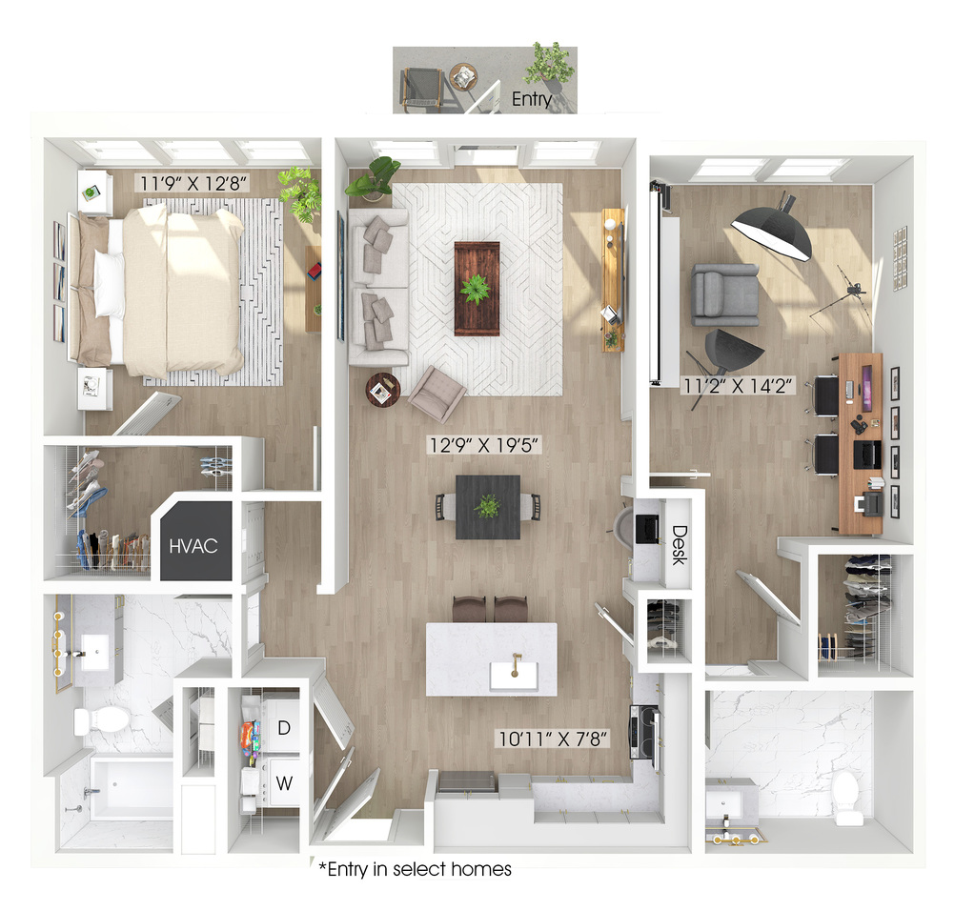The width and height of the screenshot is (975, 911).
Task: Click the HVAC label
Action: tap(193, 546)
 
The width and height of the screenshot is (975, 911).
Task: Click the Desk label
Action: tap(679, 545)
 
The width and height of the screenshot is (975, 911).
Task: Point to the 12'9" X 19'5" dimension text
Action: tap(485, 445)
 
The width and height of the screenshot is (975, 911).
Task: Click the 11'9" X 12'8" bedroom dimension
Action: tap(193, 184)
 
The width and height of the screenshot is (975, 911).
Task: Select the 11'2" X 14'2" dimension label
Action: tap(738, 386)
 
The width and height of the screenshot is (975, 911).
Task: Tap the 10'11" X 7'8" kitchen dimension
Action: tap(554, 739)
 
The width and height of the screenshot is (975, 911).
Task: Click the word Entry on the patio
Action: tap(532, 99)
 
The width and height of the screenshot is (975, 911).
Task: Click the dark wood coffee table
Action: tap(477, 289)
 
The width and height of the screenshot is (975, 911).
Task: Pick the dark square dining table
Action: tap(488, 507)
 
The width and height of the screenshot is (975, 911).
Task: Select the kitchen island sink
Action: tap(514, 676)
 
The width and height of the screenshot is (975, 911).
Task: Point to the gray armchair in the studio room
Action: tap(725, 294)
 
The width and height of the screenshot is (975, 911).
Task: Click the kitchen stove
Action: tap(645, 732)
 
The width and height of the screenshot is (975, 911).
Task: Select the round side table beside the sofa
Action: tap(382, 390)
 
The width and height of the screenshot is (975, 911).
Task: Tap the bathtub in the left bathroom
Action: tap(132, 788)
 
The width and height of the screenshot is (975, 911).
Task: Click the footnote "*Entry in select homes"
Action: tap(415, 869)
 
